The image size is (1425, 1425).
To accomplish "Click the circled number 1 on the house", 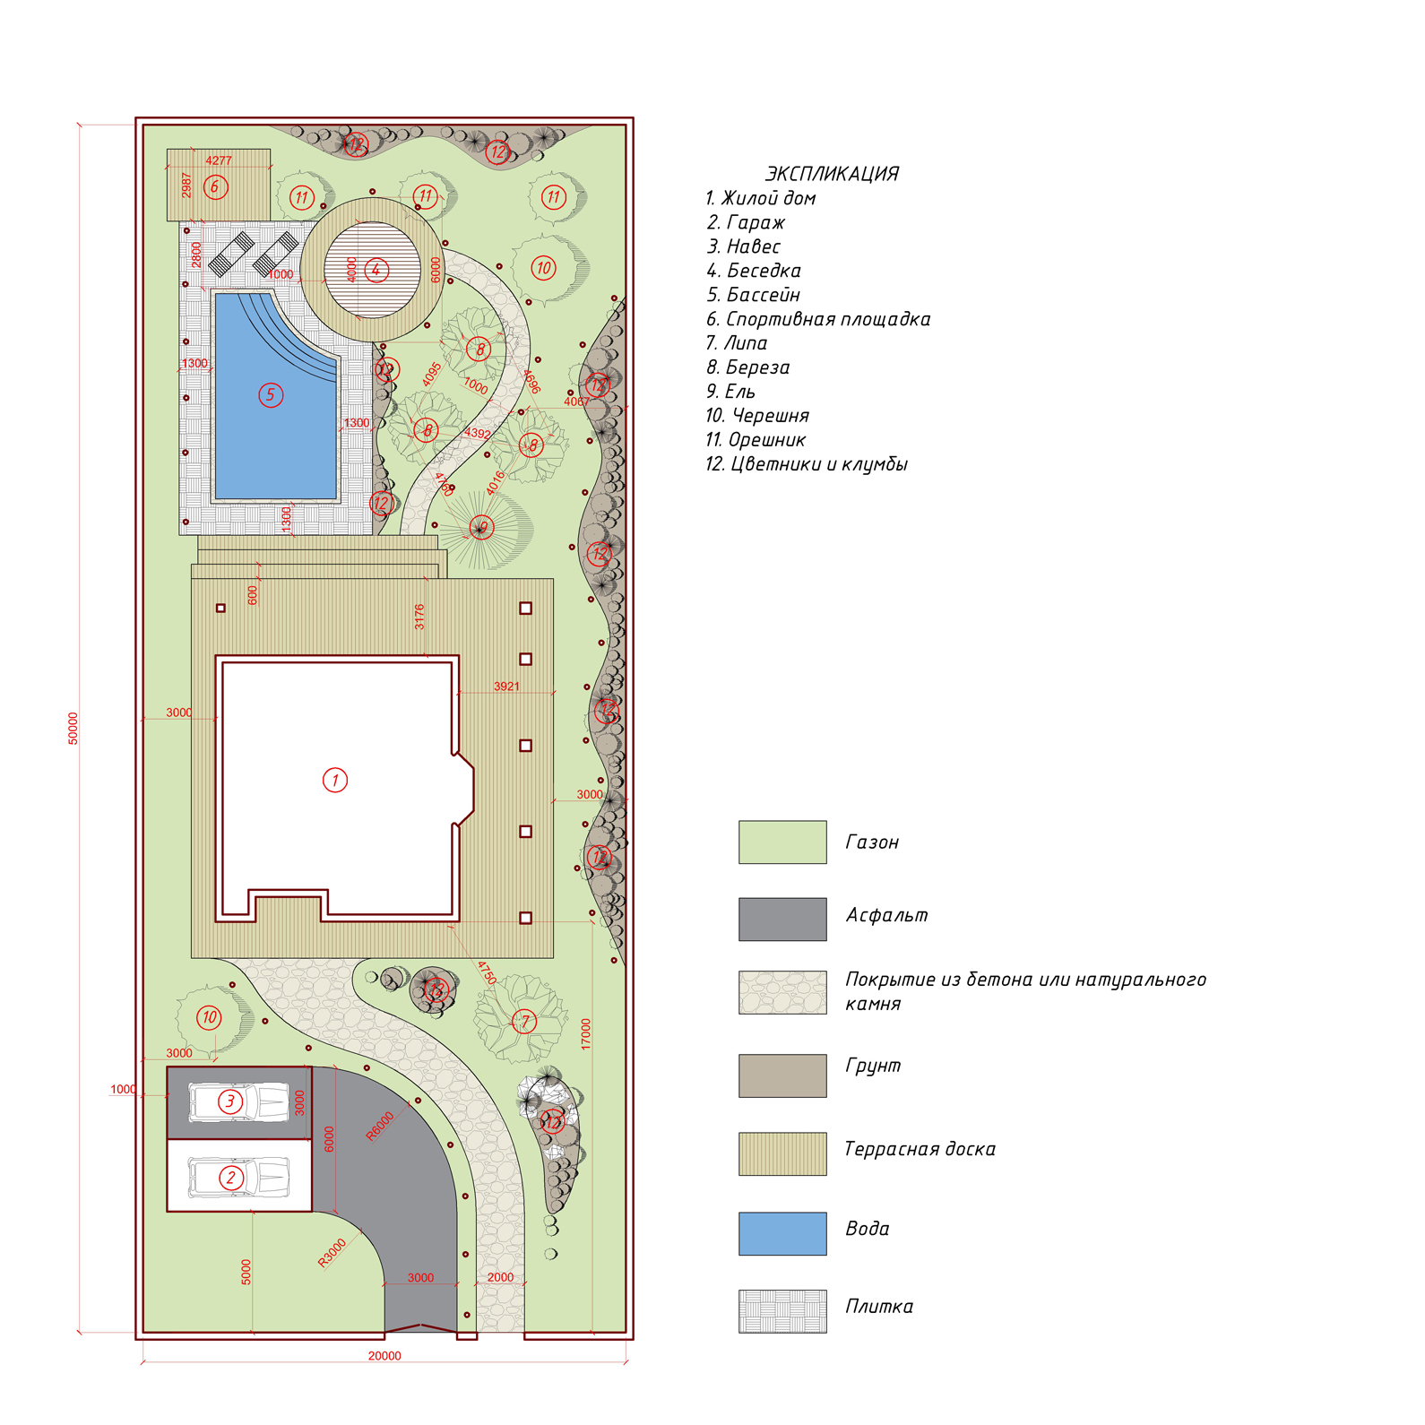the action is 335,780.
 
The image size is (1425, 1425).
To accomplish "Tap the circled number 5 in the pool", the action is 271,395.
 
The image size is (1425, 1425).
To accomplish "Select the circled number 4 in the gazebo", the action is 376,269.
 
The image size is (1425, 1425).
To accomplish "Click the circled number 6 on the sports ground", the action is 215,187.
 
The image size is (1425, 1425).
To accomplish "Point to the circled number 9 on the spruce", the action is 482,528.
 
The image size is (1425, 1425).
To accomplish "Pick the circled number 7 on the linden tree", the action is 524,1021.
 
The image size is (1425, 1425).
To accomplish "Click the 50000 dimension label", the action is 73,728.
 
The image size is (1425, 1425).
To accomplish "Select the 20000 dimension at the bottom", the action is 384,1356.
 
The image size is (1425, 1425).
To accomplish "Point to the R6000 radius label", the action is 380,1127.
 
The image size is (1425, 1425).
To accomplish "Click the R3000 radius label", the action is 332,1253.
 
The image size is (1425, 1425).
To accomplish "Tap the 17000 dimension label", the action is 586,1034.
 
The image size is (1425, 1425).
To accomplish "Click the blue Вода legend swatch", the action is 782,1233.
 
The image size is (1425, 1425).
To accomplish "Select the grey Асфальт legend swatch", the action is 782,920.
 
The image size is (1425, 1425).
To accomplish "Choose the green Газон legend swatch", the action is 782,842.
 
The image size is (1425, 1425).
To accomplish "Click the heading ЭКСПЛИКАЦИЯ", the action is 832,174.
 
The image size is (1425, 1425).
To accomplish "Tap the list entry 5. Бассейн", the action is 753,295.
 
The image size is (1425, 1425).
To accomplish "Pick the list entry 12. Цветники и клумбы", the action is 807,464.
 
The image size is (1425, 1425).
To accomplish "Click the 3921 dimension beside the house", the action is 506,687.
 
